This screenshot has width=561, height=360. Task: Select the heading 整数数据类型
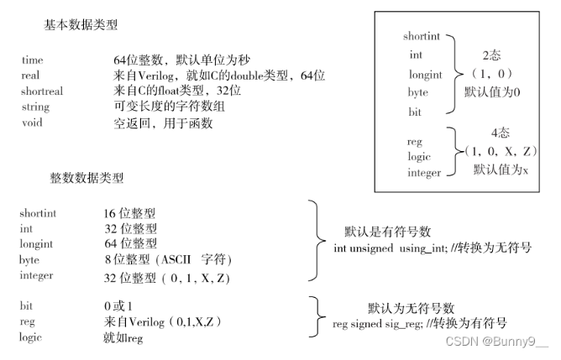pos(87,178)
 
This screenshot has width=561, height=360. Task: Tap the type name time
pos(33,61)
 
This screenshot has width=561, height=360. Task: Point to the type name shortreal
pos(42,91)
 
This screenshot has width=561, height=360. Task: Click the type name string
pos(35,107)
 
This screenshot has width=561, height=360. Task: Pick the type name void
pos(32,123)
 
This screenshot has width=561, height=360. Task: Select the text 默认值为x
pos(501,170)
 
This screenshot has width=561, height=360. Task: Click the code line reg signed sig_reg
pos(419,323)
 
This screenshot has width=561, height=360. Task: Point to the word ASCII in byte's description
pos(177,260)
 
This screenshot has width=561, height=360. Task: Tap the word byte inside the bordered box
pos(417,92)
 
